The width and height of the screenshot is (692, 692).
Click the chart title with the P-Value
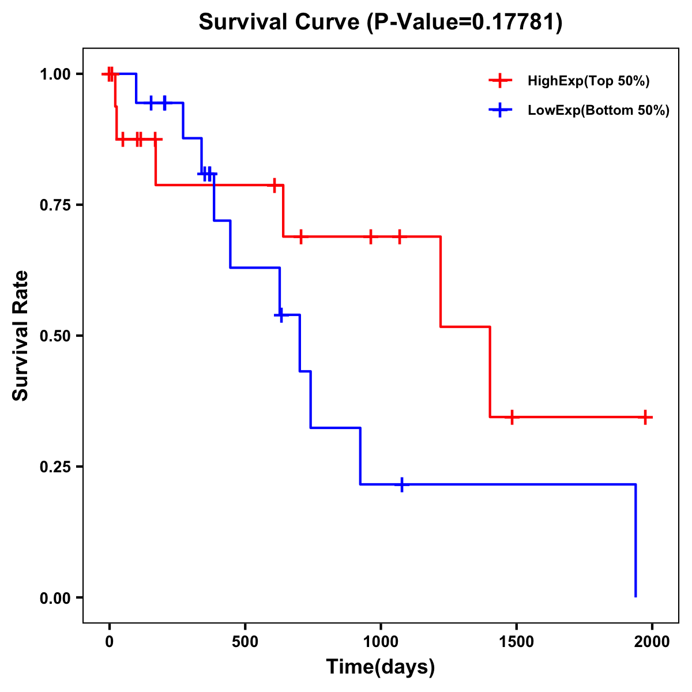(x=380, y=22)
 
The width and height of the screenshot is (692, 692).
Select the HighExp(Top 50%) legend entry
(x=588, y=81)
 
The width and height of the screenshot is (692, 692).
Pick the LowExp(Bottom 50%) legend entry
(x=598, y=111)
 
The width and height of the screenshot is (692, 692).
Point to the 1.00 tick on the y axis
(x=55, y=74)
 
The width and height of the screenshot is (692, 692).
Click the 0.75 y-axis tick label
(x=55, y=205)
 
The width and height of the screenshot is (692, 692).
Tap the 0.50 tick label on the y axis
(x=55, y=336)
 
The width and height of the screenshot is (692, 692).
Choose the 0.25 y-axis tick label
(x=55, y=467)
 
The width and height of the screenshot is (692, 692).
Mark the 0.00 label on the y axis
(x=55, y=598)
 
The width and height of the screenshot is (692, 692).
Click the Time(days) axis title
(x=381, y=667)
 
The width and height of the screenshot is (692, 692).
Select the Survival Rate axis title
(x=21, y=336)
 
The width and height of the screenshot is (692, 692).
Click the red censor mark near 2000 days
(x=645, y=417)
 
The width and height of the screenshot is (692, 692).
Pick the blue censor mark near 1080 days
(x=401, y=484)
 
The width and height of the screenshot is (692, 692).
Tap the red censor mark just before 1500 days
(x=512, y=417)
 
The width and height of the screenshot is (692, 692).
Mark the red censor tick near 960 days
(x=370, y=236)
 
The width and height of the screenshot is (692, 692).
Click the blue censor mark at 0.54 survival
(x=281, y=315)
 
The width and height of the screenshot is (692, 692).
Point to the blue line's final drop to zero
(x=635, y=542)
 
